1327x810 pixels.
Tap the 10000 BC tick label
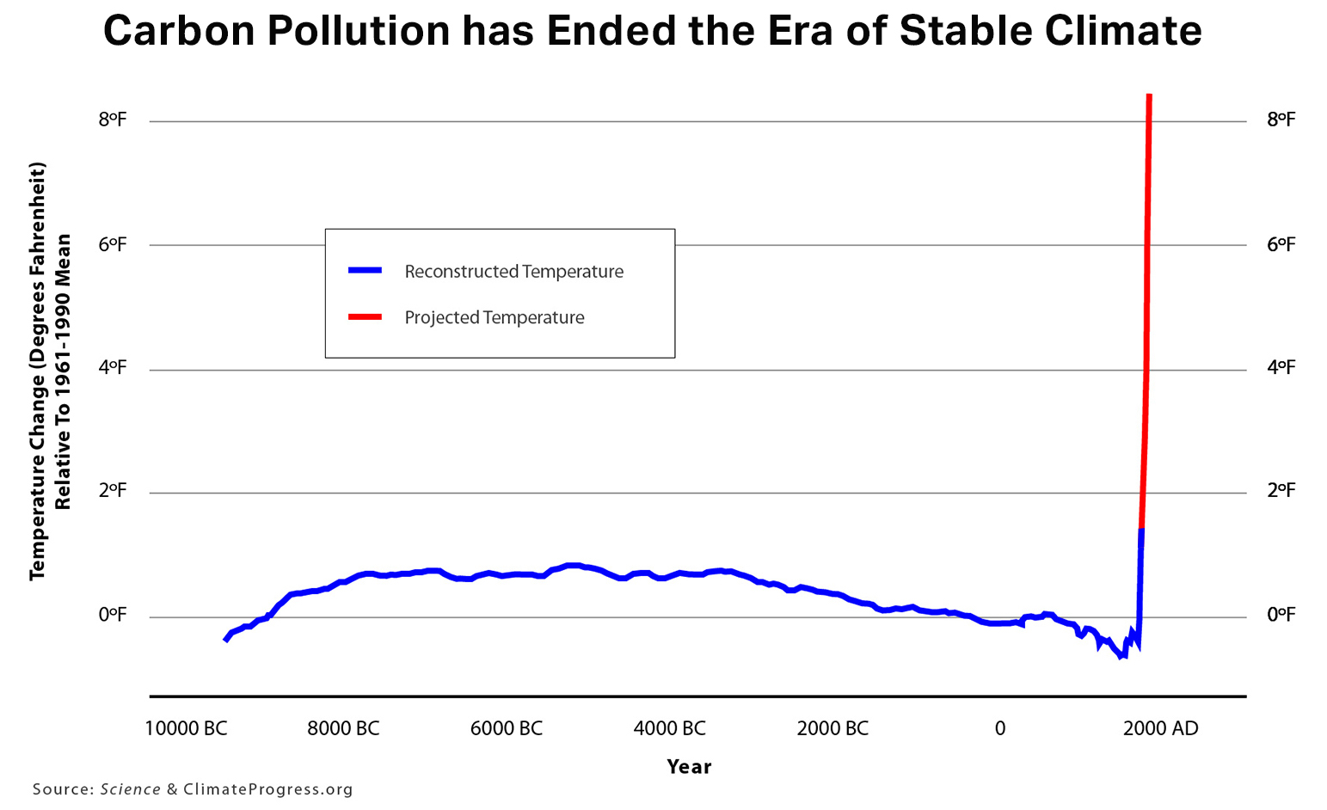click(186, 729)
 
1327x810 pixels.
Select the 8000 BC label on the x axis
click(343, 729)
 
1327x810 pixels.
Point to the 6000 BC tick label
click(506, 729)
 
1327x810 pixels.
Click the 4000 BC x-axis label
click(669, 729)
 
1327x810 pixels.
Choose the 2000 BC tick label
click(832, 729)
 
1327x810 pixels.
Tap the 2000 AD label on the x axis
click(1160, 729)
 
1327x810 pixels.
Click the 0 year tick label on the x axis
click(999, 729)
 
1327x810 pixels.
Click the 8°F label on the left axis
click(112, 120)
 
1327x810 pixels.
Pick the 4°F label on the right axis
click(1281, 368)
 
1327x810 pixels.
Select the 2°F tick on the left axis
click(112, 491)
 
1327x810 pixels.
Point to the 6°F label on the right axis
click(1281, 244)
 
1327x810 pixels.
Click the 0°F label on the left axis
click(112, 615)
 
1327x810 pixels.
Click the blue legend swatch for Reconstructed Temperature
click(365, 271)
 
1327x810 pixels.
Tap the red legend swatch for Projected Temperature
click(365, 317)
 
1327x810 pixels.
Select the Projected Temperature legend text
click(495, 317)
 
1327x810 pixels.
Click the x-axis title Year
click(689, 767)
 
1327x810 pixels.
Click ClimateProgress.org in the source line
click(268, 789)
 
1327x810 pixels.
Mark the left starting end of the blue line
click(225, 640)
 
